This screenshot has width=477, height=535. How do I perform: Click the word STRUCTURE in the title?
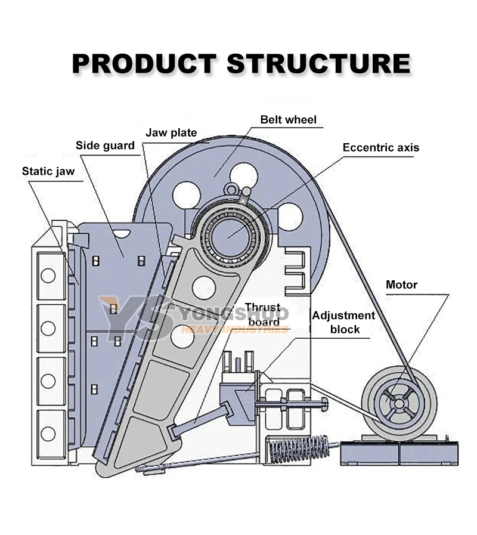pos(318,63)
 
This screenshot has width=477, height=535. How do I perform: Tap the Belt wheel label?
pos(288,120)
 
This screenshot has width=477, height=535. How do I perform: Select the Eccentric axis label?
pos(380,147)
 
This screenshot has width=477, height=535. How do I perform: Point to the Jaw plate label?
pos(171,132)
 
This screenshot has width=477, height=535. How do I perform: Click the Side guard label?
pos(105,146)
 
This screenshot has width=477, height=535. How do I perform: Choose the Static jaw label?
pos(48,171)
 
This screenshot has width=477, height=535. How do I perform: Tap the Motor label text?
pos(401,284)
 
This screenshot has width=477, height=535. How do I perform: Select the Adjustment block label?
pos(344,322)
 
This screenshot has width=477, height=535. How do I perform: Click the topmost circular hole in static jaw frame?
pos(48,275)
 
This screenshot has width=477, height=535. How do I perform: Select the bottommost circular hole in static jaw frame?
pos(48,433)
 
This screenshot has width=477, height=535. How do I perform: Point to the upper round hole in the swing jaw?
pos(204,288)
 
